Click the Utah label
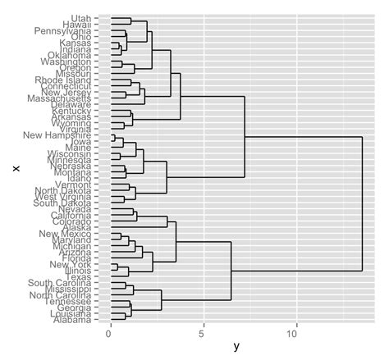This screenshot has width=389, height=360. coord(80,18)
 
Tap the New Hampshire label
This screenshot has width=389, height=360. coord(57,134)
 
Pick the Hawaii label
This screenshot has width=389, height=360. coord(77,25)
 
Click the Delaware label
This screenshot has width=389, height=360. coord(71,104)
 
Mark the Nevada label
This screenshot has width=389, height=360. coord(76,208)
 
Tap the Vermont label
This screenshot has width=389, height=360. coord(75,185)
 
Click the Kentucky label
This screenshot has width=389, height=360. coord(72,111)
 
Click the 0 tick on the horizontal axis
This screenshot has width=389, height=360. coord(110,335)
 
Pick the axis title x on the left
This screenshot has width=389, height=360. coord(14,168)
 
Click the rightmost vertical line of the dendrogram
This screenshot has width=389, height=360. coord(362,203)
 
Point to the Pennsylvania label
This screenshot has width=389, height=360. coord(62,30)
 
